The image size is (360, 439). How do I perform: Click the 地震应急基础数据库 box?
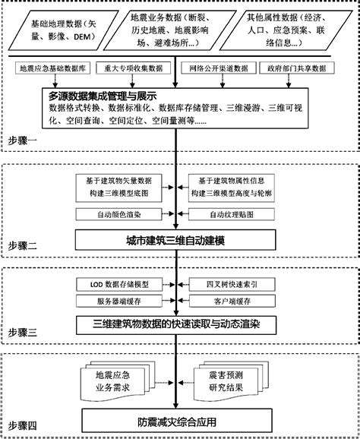(x=52, y=68)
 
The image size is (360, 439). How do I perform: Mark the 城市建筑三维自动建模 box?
(x=179, y=241)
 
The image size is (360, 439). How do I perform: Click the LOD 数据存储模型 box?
(x=125, y=284)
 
